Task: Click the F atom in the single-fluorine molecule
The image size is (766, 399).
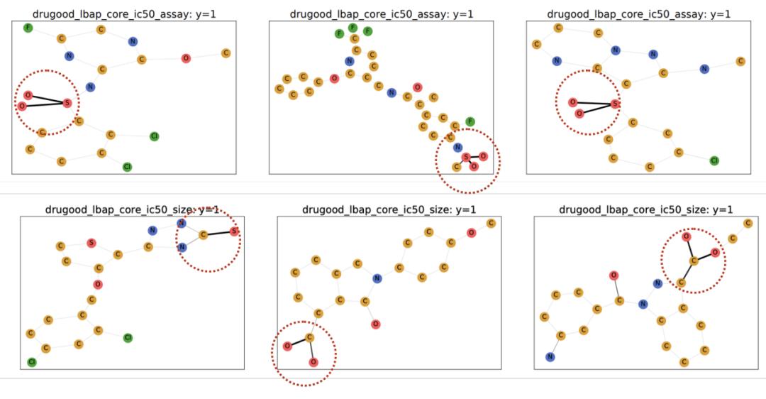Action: pyautogui.click(x=28, y=28)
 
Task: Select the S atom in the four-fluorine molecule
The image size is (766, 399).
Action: pyautogui.click(x=465, y=157)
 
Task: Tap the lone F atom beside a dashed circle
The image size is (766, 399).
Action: pyautogui.click(x=470, y=121)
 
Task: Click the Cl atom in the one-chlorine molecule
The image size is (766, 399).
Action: pyautogui.click(x=714, y=160)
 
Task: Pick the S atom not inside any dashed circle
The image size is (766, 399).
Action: pyautogui.click(x=91, y=243)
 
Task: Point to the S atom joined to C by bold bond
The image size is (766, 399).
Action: pyautogui.click(x=234, y=231)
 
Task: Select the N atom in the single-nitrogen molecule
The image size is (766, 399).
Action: pyautogui.click(x=377, y=278)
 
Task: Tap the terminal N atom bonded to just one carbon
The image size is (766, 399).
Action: pyautogui.click(x=550, y=357)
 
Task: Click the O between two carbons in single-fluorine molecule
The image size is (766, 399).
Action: pyautogui.click(x=186, y=58)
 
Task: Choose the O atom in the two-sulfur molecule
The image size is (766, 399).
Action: pyautogui.click(x=97, y=285)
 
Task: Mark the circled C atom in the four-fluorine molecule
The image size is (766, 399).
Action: pyautogui.click(x=457, y=167)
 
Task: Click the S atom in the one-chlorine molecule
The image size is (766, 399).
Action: pyautogui.click(x=615, y=104)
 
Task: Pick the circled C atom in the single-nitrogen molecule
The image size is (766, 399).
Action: pyautogui.click(x=309, y=337)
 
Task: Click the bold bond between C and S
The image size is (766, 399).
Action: pyautogui.click(x=218, y=232)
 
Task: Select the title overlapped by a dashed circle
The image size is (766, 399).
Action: pyautogui.click(x=131, y=209)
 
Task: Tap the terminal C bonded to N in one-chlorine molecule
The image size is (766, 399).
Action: pyautogui.click(x=740, y=62)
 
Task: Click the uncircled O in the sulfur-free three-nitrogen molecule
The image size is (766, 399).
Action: pyautogui.click(x=614, y=275)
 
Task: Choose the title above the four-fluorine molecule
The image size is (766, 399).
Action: pyautogui.click(x=382, y=14)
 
